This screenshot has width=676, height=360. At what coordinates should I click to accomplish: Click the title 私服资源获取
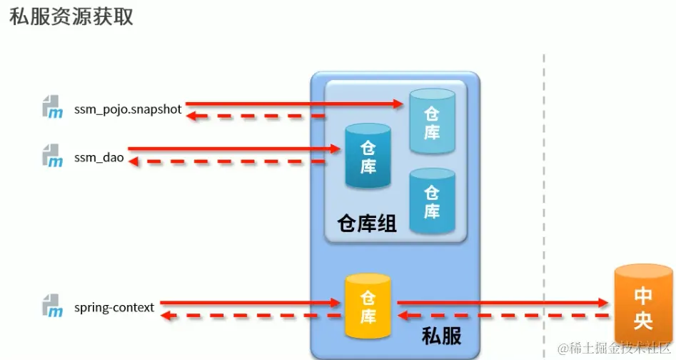coord(71,17)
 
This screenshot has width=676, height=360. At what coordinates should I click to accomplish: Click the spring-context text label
coord(113,308)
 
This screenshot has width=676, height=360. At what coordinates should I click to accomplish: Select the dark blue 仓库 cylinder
coord(368,156)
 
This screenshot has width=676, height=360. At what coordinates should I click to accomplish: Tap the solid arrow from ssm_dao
coord(236,149)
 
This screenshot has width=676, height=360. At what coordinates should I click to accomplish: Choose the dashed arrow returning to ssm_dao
coord(228,161)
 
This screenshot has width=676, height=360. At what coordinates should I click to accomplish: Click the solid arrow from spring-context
coord(250,303)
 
